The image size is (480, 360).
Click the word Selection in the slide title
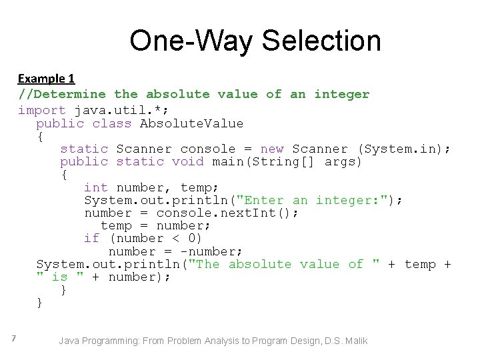pyautogui.click(x=321, y=41)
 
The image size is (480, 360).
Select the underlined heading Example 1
pyautogui.click(x=46, y=78)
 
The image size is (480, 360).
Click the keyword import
pyautogui.click(x=41, y=111)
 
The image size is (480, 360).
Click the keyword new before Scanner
pyautogui.click(x=271, y=149)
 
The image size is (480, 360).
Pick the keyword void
pyautogui.click(x=187, y=162)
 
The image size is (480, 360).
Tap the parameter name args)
pyautogui.click(x=343, y=162)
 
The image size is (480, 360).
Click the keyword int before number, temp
pyautogui.click(x=96, y=188)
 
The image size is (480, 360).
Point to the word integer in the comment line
pyautogui.click(x=341, y=94)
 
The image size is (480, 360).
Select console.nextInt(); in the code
pyautogui.click(x=227, y=213)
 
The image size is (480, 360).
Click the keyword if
pyautogui.click(x=92, y=239)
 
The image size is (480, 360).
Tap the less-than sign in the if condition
pyautogui.click(x=175, y=239)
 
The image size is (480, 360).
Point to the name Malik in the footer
pyautogui.click(x=354, y=341)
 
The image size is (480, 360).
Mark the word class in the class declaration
pyautogui.click(x=112, y=123)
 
